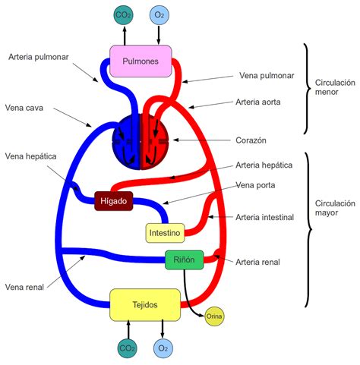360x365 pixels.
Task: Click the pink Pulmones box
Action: [141, 62]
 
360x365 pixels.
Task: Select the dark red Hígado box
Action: [115, 202]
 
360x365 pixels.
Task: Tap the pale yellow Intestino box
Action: [164, 232]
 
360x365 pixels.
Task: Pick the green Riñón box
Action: [185, 260]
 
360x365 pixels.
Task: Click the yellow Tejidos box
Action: [145, 304]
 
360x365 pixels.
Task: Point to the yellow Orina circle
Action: [214, 316]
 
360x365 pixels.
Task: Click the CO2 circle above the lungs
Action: [122, 14]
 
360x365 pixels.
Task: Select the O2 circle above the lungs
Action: [159, 14]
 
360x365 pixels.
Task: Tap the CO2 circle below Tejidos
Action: [127, 348]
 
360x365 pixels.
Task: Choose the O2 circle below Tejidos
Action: [163, 348]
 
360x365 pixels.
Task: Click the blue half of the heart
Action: [126, 142]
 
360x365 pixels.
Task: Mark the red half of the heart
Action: [156, 142]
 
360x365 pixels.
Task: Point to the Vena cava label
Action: [24, 108]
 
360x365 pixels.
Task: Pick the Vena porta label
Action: [255, 184]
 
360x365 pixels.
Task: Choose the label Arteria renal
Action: [257, 263]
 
